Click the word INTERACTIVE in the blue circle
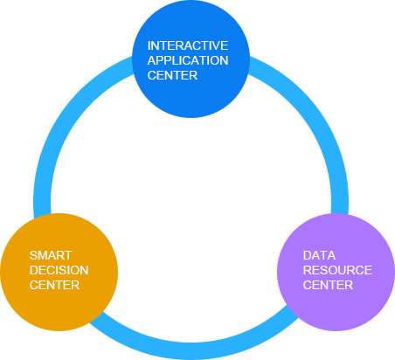click(188, 45)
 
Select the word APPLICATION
click(188, 60)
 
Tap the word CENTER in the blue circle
click(172, 75)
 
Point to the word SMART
click(51, 255)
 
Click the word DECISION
click(59, 270)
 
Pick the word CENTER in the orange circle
click(54, 285)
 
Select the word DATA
click(319, 255)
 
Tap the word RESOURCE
click(337, 270)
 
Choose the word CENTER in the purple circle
click(328, 285)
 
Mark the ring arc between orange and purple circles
click(191, 351)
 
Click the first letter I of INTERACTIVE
click(149, 45)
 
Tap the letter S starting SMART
click(33, 255)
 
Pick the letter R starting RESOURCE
click(307, 270)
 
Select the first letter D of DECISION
click(33, 270)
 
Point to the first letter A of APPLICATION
click(152, 60)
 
